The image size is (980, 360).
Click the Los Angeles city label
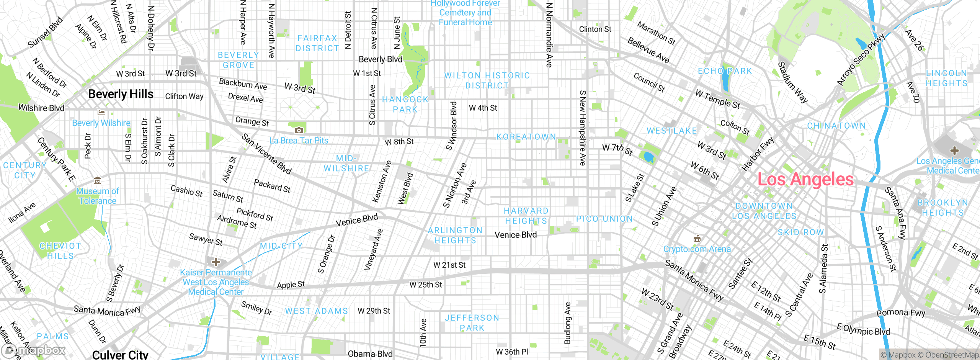click(x=805, y=180)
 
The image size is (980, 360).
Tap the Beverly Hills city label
click(x=121, y=94)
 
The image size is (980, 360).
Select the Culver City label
click(x=120, y=355)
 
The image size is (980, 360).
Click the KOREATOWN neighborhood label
click(x=526, y=137)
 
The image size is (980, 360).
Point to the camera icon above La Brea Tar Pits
click(x=299, y=131)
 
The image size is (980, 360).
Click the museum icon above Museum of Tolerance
click(x=98, y=181)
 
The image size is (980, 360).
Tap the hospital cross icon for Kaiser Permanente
click(x=216, y=262)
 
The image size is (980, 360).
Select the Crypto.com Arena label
click(x=697, y=249)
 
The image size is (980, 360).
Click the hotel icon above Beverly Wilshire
click(x=101, y=113)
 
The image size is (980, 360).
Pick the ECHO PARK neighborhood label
click(x=725, y=71)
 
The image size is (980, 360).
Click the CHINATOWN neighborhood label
click(x=836, y=126)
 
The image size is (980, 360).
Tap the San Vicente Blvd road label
click(x=266, y=154)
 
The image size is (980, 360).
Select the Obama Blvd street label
click(x=370, y=354)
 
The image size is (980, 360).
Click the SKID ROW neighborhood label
click(x=800, y=232)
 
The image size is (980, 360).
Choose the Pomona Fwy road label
click(x=900, y=313)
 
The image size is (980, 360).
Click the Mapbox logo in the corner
click(x=34, y=350)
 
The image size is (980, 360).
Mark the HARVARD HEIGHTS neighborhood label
click(x=526, y=216)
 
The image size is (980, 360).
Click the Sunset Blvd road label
click(x=45, y=33)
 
